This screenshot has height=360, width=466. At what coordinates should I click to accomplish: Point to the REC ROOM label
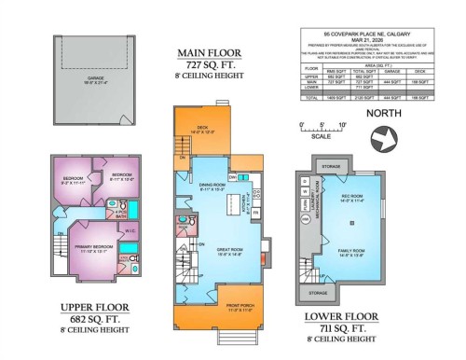(355, 200)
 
